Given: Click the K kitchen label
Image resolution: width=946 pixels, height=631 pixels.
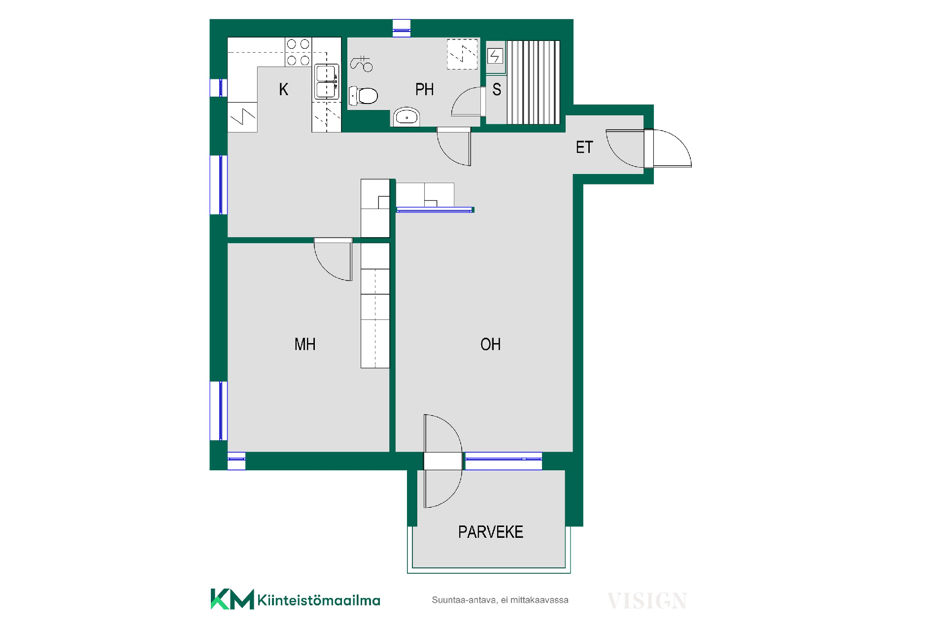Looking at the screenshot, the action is coord(283,89).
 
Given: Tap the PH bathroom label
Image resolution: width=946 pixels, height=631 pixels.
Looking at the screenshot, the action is coord(424,89).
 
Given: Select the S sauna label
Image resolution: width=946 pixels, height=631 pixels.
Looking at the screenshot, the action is coord(497,89).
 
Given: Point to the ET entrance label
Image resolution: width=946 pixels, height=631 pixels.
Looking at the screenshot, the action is coord(584,147).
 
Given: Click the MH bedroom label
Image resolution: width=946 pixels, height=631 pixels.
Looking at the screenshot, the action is coord(304,344).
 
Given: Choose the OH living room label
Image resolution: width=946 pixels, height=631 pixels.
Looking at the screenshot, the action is coord(490,344).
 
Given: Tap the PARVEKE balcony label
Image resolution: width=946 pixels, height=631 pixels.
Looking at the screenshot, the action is coord(490,532).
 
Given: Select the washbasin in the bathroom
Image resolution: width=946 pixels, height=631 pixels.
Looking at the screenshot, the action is coord(406,117).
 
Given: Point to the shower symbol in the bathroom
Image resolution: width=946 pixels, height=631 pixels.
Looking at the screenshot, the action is coord(362,64).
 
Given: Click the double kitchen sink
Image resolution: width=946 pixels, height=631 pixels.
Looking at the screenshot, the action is coord(327,82).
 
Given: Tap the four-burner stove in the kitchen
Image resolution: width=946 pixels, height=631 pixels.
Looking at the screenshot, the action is coord(298,52).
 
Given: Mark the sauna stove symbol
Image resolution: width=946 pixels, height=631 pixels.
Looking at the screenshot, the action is coord(495,56).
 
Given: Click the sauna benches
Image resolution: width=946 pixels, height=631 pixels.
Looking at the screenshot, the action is coord(534,82).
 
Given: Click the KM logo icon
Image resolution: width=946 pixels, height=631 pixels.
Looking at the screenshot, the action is coord(232,599).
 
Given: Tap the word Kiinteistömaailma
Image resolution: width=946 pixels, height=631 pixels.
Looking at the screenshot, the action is coord(319,600).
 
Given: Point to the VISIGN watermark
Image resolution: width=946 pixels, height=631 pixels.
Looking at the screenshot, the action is coord(647,601).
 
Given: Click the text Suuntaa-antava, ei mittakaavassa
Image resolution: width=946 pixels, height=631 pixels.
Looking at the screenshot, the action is coord(500,600).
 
